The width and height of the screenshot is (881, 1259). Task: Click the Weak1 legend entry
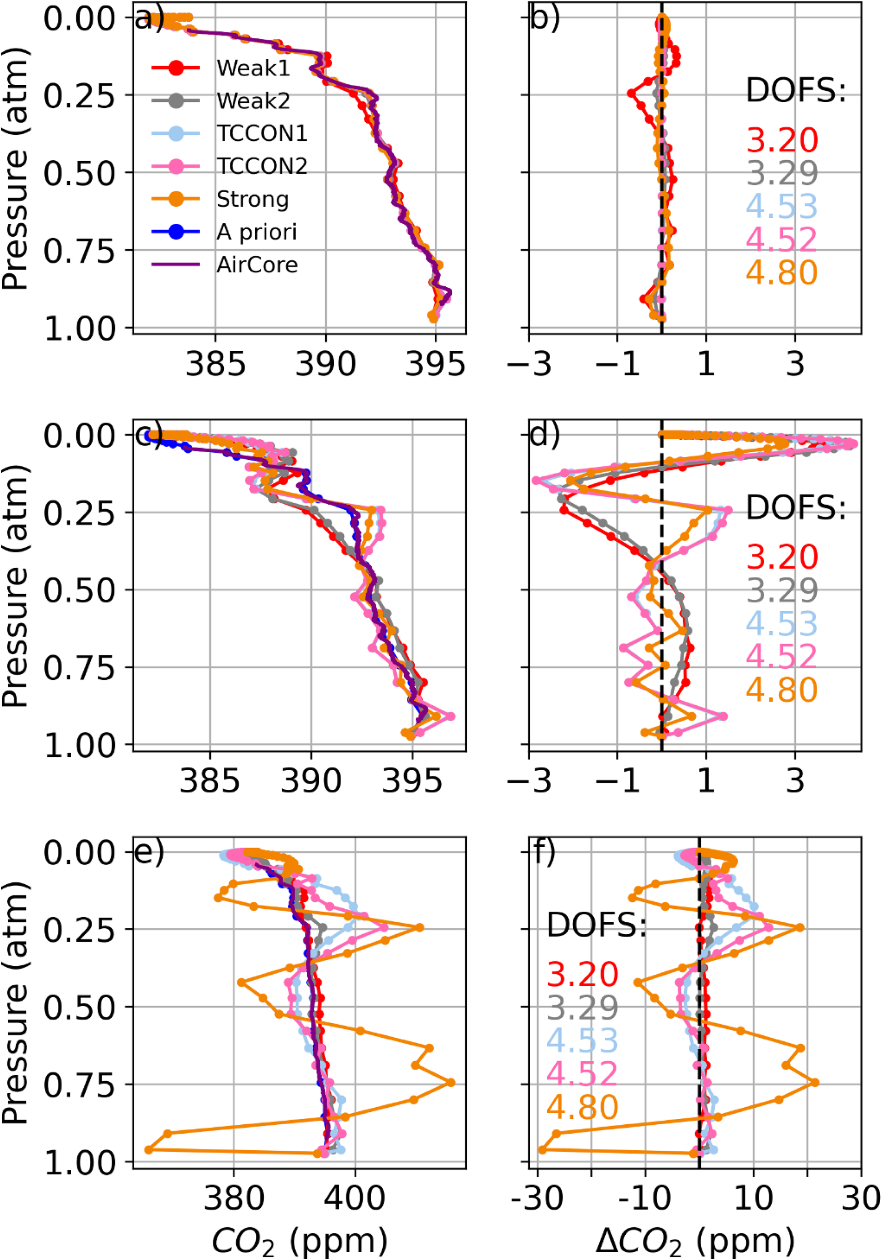pos(253,69)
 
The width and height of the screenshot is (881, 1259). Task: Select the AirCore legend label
pos(257,265)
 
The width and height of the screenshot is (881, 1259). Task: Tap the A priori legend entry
pos(256,233)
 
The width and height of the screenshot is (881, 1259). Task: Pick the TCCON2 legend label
pos(262,166)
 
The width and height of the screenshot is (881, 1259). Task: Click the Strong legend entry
pos(252,199)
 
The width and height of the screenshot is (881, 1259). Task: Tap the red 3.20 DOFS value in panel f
pos(582,974)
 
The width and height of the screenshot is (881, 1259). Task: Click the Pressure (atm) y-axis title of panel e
pos(15,1007)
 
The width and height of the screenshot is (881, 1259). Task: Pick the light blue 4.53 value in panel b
pos(781,206)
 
